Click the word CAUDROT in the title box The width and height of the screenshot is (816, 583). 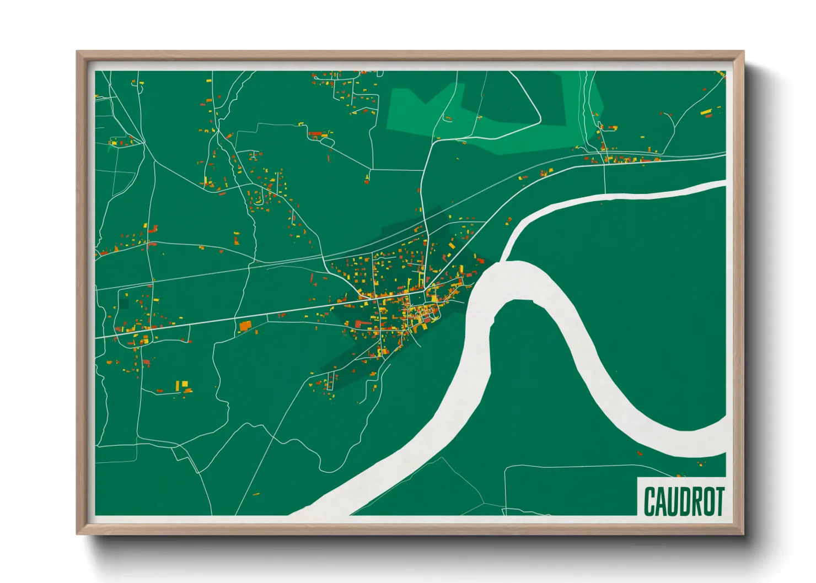pos(684,501)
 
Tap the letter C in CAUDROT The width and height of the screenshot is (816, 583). pos(649,501)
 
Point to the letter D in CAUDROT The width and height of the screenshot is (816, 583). pos(684,501)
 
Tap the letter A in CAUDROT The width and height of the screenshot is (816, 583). pos(661,501)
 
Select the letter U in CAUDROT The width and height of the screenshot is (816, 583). pos(672,501)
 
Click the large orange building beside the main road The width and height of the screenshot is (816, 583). pos(245,326)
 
